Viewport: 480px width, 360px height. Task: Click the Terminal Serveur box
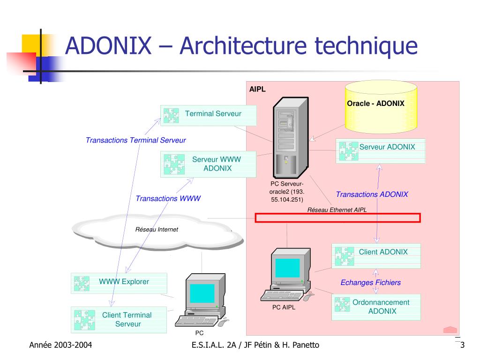tap(209, 115)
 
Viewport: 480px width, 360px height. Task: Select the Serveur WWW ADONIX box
tap(209, 164)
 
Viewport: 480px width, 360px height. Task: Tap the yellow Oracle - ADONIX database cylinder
tap(381, 107)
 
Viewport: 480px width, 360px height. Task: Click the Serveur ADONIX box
tap(381, 150)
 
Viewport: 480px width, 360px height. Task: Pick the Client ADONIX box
tap(376, 256)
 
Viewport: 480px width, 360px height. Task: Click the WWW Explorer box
tap(119, 283)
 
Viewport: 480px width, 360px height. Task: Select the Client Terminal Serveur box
tap(119, 320)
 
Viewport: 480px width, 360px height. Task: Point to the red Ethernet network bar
tap(337, 217)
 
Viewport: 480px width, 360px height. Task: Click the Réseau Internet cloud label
tap(157, 230)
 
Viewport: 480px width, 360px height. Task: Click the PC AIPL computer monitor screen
tap(287, 268)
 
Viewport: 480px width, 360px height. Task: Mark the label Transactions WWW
tap(168, 199)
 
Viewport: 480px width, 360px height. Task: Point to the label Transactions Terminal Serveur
tap(135, 140)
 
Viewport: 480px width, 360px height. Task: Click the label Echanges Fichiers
tap(370, 282)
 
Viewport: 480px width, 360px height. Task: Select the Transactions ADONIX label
tap(372, 195)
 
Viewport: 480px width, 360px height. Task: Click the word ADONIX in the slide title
tap(108, 46)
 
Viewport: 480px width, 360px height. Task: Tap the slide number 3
tap(462, 345)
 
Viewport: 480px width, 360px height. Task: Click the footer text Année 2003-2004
tap(60, 345)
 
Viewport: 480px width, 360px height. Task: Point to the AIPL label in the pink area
tap(257, 90)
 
